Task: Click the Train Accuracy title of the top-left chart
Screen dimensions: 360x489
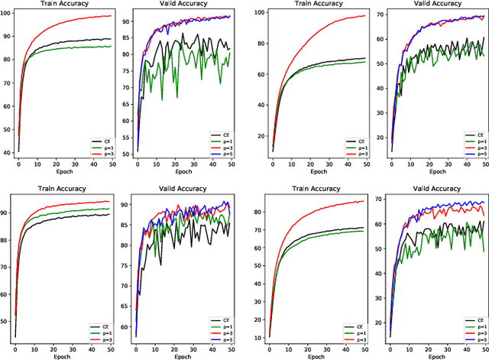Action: (64, 5)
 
